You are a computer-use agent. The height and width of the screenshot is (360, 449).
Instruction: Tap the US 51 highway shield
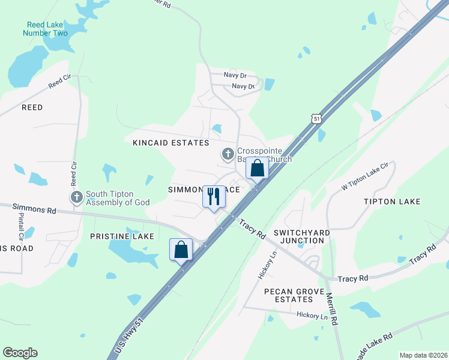pyautogui.click(x=317, y=118)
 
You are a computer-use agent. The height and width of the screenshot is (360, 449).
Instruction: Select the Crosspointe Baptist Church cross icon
pyautogui.click(x=228, y=155)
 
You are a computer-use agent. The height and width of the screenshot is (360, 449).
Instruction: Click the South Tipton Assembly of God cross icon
pyautogui.click(x=76, y=197)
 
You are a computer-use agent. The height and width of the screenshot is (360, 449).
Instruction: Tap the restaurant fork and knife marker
pyautogui.click(x=213, y=197)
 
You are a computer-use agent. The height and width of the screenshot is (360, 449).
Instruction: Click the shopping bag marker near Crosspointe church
pyautogui.click(x=258, y=169)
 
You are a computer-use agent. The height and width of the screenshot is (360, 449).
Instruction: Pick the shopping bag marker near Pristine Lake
pyautogui.click(x=181, y=250)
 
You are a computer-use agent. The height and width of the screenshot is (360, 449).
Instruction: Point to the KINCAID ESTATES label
pyautogui.click(x=170, y=143)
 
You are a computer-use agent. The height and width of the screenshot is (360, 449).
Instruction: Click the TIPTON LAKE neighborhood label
pyautogui.click(x=392, y=202)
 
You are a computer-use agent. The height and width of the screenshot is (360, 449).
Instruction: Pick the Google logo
pyautogui.click(x=20, y=353)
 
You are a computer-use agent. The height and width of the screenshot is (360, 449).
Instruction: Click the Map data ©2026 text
pyautogui.click(x=423, y=355)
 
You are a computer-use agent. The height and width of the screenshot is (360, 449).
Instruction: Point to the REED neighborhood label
pyautogui.click(x=32, y=107)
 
